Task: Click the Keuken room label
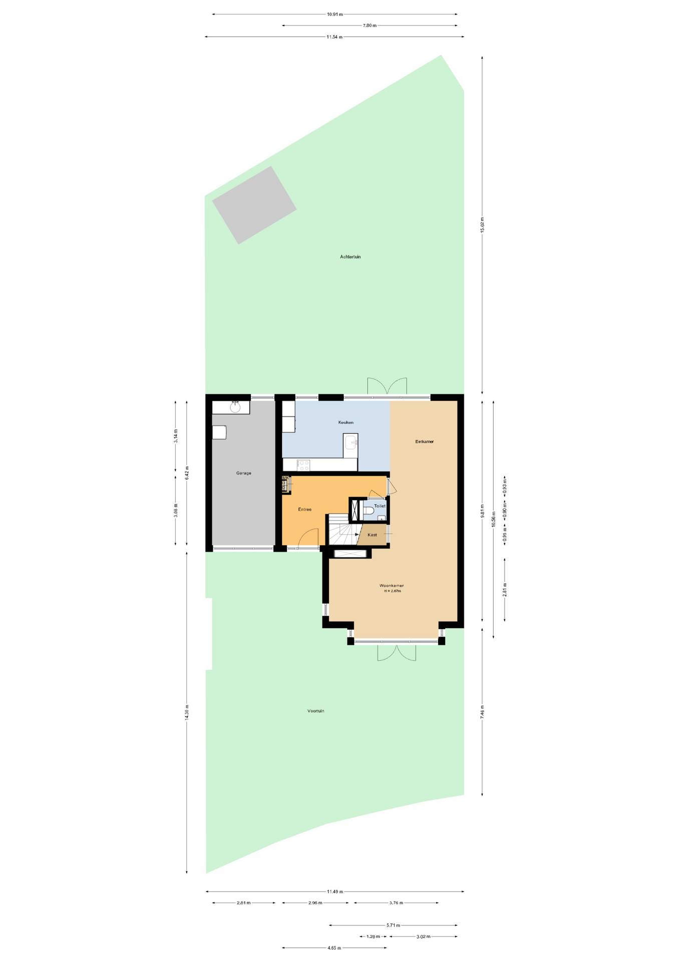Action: coord(346,422)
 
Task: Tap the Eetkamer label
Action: coord(425,441)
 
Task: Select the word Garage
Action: coord(244,473)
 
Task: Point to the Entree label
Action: coord(304,510)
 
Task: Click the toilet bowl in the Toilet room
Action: coord(368,511)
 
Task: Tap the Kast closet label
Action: coord(372,535)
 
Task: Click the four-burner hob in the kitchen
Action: coord(303,465)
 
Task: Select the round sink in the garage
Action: coord(235,407)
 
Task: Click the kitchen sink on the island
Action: coord(351,442)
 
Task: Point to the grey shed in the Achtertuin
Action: coord(254,205)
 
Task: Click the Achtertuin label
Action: coord(350,257)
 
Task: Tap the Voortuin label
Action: coord(315,711)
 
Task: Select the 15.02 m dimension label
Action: coord(482,225)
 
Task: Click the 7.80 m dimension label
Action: coord(370,26)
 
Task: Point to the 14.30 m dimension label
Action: coord(186,712)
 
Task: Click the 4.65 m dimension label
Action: coord(334,948)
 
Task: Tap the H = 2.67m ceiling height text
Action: coord(392,591)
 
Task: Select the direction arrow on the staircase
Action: coord(357,535)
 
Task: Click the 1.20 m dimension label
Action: coord(373,936)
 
